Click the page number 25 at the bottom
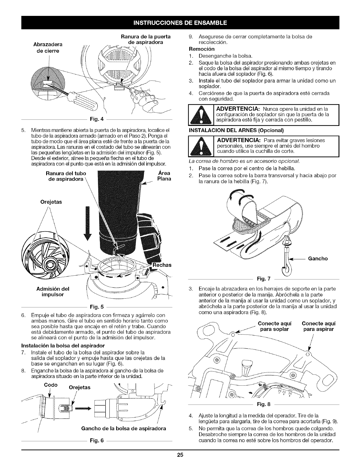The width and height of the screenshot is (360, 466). [180, 455]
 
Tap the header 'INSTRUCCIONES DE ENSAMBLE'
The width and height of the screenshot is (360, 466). [180, 22]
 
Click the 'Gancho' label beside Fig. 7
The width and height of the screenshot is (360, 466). [318, 259]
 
